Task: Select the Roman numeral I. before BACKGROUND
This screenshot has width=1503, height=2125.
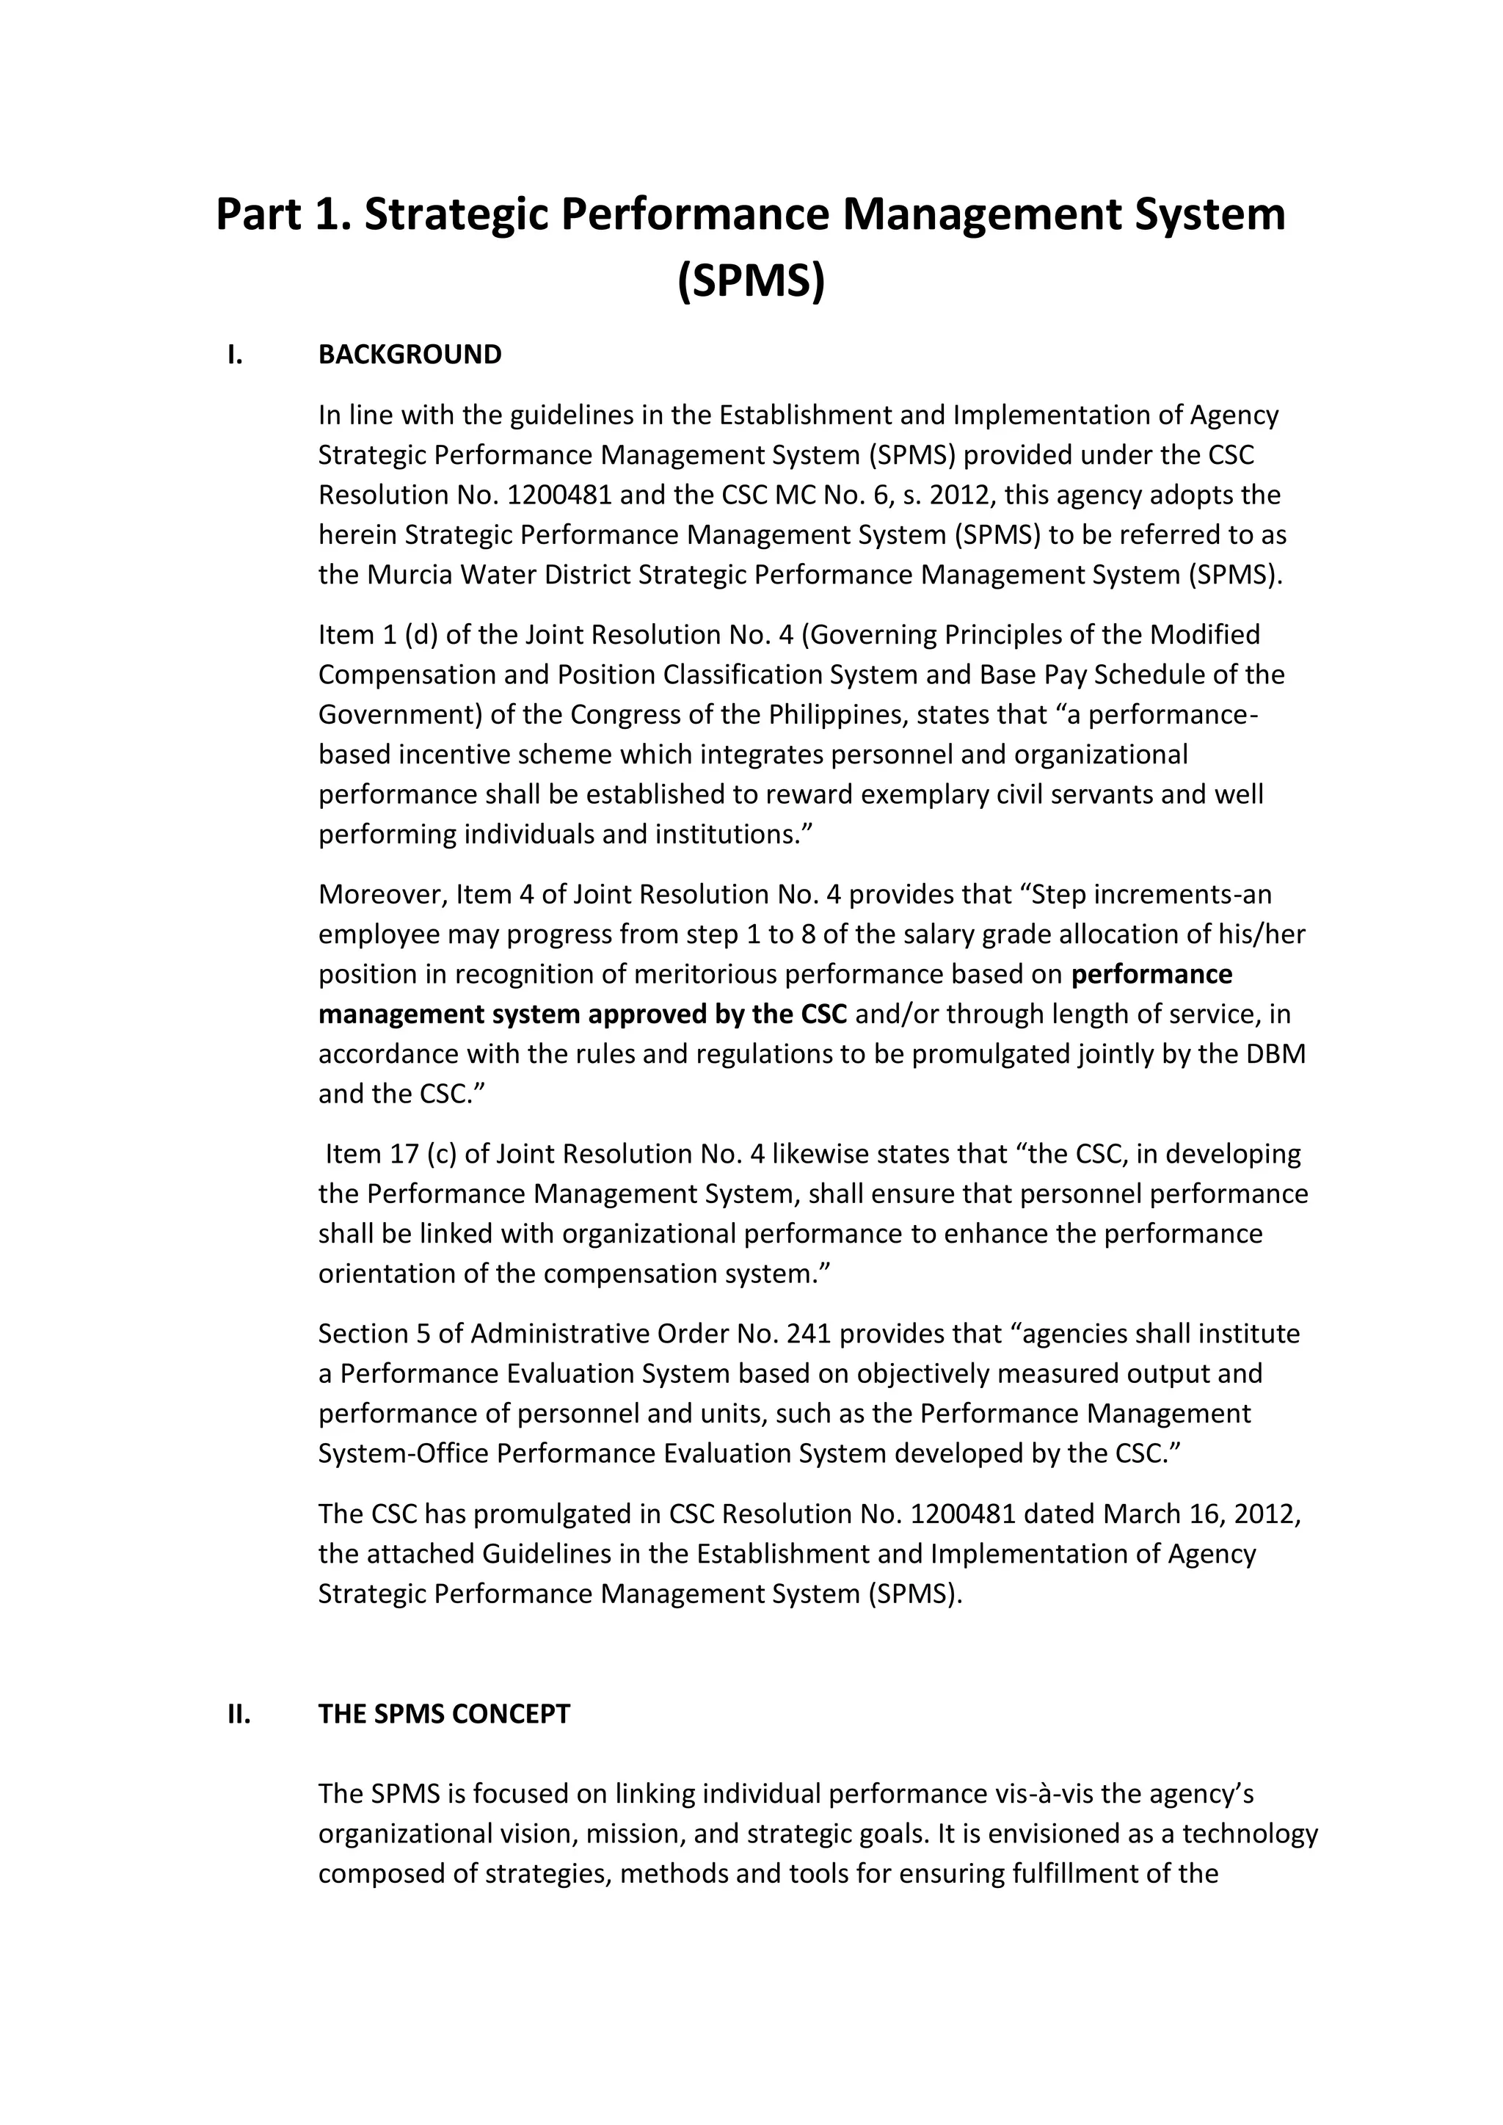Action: [x=235, y=355]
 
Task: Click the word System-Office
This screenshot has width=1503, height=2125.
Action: [x=404, y=1453]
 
